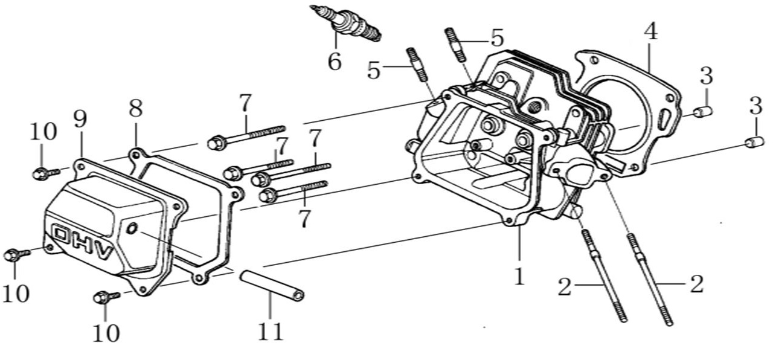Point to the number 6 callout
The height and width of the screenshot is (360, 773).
pyautogui.click(x=334, y=60)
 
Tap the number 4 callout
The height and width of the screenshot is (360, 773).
pyautogui.click(x=650, y=32)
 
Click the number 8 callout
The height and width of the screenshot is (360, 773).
pyautogui.click(x=136, y=109)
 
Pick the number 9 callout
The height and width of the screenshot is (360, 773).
pyautogui.click(x=81, y=120)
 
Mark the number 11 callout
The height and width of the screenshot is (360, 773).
pyautogui.click(x=270, y=331)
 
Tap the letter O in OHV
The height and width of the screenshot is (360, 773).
pyautogui.click(x=62, y=234)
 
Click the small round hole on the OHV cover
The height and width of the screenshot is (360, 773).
pyautogui.click(x=133, y=228)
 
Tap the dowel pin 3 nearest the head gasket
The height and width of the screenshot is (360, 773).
pyautogui.click(x=702, y=112)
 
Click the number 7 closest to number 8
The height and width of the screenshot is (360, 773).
pyautogui.click(x=244, y=103)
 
